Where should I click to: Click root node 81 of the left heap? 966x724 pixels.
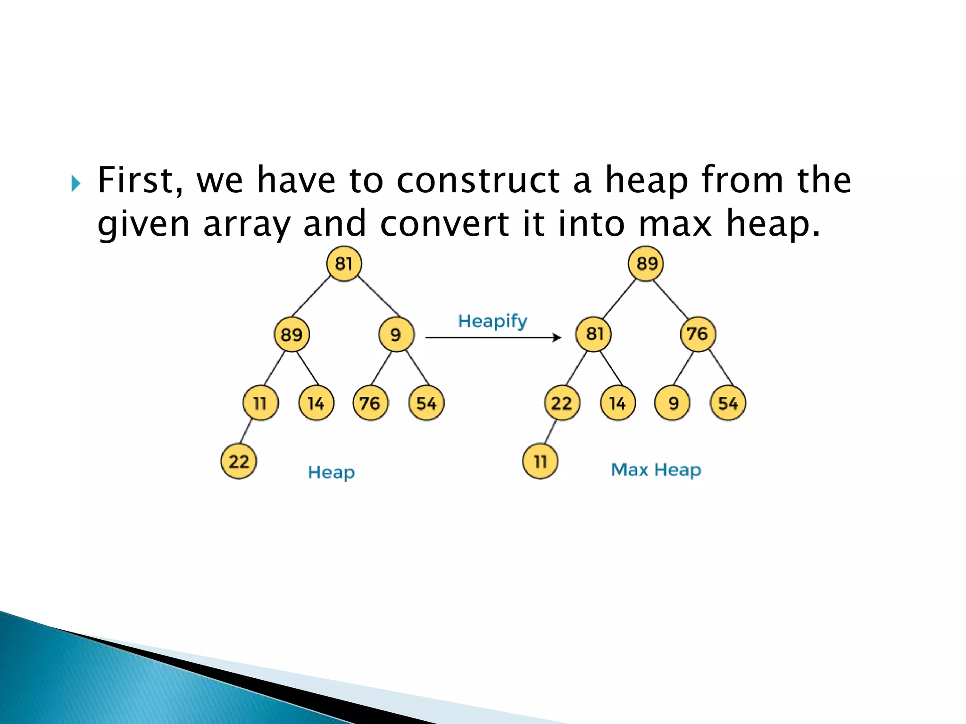[344, 263]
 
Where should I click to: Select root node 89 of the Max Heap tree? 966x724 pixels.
[646, 263]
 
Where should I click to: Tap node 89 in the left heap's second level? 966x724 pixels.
[291, 334]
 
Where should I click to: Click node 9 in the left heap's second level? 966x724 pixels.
[396, 334]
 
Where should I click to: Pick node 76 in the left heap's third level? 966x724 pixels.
[370, 403]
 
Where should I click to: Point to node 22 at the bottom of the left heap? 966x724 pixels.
[239, 461]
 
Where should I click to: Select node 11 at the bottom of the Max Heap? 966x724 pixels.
[540, 461]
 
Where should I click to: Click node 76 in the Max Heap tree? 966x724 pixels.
[698, 334]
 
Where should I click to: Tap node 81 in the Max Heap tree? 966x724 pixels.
[593, 334]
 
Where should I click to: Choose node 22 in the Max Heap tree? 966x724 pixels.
[562, 403]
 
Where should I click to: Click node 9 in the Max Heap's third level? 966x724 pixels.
[673, 403]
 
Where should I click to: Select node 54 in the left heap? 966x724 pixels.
[426, 403]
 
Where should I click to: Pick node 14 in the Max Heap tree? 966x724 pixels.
[617, 403]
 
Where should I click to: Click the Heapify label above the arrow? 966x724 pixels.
[492, 321]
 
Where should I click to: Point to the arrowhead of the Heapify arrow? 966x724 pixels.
[558, 337]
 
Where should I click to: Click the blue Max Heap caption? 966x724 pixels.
[656, 469]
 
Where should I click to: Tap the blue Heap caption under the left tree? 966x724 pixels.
[331, 472]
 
